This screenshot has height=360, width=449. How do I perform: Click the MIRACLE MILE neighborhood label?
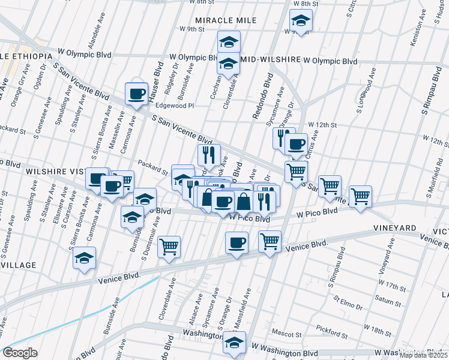pyautogui.click(x=226, y=20)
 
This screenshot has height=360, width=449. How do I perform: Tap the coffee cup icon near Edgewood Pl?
pyautogui.click(x=136, y=94)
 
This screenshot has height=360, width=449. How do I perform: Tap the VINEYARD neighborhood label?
pyautogui.click(x=394, y=229)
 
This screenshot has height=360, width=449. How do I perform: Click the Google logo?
pyautogui.click(x=20, y=353)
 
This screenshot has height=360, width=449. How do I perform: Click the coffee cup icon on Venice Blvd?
pyautogui.click(x=237, y=243)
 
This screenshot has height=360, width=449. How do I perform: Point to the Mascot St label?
pyautogui.click(x=286, y=334)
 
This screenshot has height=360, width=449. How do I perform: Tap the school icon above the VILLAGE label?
pyautogui.click(x=85, y=258)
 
